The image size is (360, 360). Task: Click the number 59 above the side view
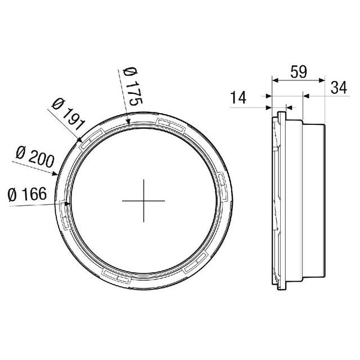click(x=299, y=72)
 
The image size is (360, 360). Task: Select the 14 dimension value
click(x=238, y=97)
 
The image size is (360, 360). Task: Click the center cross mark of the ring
click(x=143, y=200)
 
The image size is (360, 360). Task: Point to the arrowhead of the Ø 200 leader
click(x=56, y=174)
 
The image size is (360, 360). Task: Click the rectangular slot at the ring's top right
click(x=170, y=124)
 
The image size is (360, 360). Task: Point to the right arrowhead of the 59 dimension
click(x=323, y=79)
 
